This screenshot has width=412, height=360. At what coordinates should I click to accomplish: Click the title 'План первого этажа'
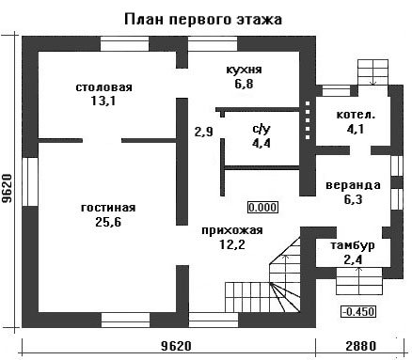tap(203, 20)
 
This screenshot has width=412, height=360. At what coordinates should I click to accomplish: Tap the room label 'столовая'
tap(104, 87)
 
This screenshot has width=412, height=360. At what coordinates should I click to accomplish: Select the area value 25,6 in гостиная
tap(108, 222)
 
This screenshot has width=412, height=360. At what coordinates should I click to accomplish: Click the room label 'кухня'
tap(244, 70)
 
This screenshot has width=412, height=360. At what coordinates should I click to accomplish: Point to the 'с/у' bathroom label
tap(261, 129)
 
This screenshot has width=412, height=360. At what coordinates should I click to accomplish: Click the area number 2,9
tap(204, 132)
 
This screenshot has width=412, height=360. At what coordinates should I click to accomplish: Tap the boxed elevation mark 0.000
tap(263, 208)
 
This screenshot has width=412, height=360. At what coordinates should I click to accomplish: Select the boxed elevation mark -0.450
tap(358, 312)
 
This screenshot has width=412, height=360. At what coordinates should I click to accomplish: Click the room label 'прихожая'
tap(232, 230)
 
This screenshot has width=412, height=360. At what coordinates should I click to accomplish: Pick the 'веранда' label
tap(354, 185)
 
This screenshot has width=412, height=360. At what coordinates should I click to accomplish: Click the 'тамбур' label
tap(353, 245)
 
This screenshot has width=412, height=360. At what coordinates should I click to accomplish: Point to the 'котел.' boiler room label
tap(356, 115)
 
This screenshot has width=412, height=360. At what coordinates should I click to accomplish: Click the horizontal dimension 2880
tap(361, 346)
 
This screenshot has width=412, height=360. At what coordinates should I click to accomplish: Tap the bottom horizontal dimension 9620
tap(176, 346)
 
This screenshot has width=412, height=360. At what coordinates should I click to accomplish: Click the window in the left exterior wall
tap(30, 181)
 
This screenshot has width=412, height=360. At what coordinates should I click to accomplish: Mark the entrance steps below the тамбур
tap(359, 281)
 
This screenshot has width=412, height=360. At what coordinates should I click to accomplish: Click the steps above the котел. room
tap(373, 72)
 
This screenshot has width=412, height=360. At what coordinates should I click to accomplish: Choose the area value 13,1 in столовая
tap(103, 102)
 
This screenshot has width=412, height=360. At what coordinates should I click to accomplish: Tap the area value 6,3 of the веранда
tap(354, 199)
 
